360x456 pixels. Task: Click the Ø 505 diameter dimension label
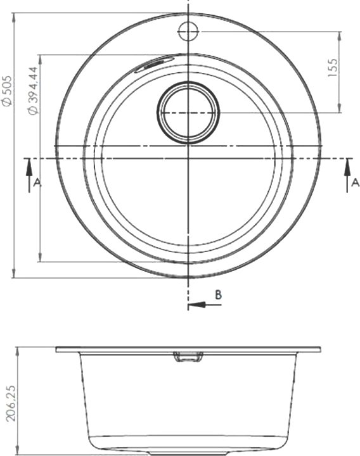[7, 91]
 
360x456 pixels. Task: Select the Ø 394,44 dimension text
[33, 91]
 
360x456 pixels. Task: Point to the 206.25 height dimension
[11, 403]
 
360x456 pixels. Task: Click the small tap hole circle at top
[188, 31]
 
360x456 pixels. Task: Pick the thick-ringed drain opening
[188, 113]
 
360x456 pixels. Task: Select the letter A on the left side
[37, 182]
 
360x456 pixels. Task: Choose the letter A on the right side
[356, 182]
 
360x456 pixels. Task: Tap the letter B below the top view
[218, 294]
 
